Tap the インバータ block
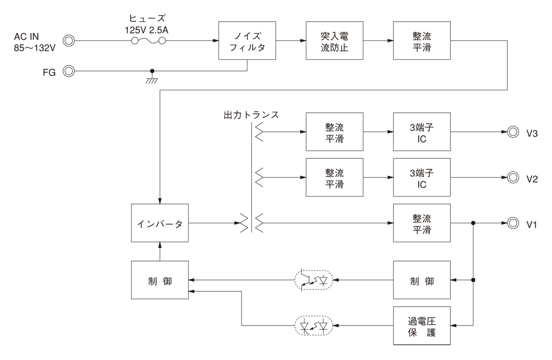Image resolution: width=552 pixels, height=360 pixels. [x=160, y=223]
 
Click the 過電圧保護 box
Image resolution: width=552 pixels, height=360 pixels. [x=422, y=326]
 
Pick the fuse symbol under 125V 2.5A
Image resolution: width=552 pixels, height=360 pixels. [x=149, y=41]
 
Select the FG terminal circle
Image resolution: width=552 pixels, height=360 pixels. [x=69, y=71]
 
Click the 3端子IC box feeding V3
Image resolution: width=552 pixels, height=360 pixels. [x=422, y=132]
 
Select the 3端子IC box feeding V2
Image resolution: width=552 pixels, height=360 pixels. [x=422, y=177]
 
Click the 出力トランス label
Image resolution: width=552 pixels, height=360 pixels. [x=249, y=114]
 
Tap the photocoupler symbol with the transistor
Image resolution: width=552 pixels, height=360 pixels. [x=315, y=279]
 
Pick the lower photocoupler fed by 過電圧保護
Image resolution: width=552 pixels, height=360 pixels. [x=315, y=326]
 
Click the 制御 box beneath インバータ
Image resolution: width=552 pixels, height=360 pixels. [x=160, y=280]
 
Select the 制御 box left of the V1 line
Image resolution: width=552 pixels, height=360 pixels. [x=422, y=280]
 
